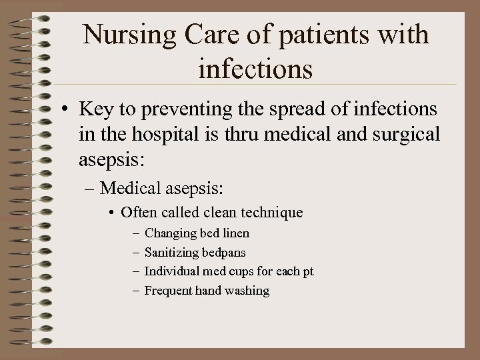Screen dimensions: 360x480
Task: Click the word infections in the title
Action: (x=256, y=68)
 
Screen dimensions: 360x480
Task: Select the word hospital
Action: (x=159, y=135)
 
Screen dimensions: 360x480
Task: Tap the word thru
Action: (x=227, y=135)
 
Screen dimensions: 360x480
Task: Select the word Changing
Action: (x=170, y=234)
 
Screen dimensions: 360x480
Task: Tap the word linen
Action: (x=235, y=234)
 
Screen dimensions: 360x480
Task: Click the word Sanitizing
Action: (x=172, y=253)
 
